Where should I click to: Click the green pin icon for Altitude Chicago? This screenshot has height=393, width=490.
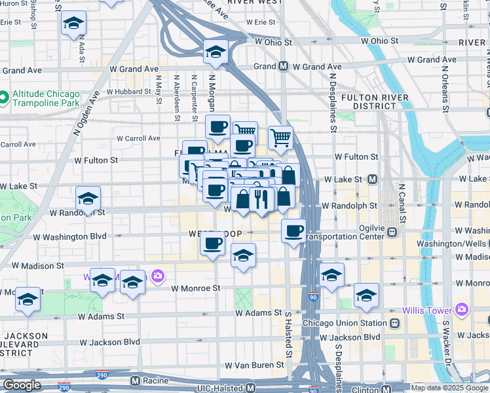[x=4, y=98]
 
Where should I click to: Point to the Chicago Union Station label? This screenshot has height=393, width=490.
[x=345, y=323]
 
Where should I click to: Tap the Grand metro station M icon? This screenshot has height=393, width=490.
[x=284, y=66]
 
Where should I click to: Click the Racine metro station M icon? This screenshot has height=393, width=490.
[x=136, y=380]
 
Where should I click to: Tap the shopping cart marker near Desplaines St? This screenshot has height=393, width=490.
[x=280, y=138]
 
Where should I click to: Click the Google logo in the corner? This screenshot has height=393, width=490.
[x=21, y=385]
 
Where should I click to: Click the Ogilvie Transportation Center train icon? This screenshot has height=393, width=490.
[x=392, y=231]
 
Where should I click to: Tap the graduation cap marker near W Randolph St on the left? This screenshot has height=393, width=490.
[x=88, y=199]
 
